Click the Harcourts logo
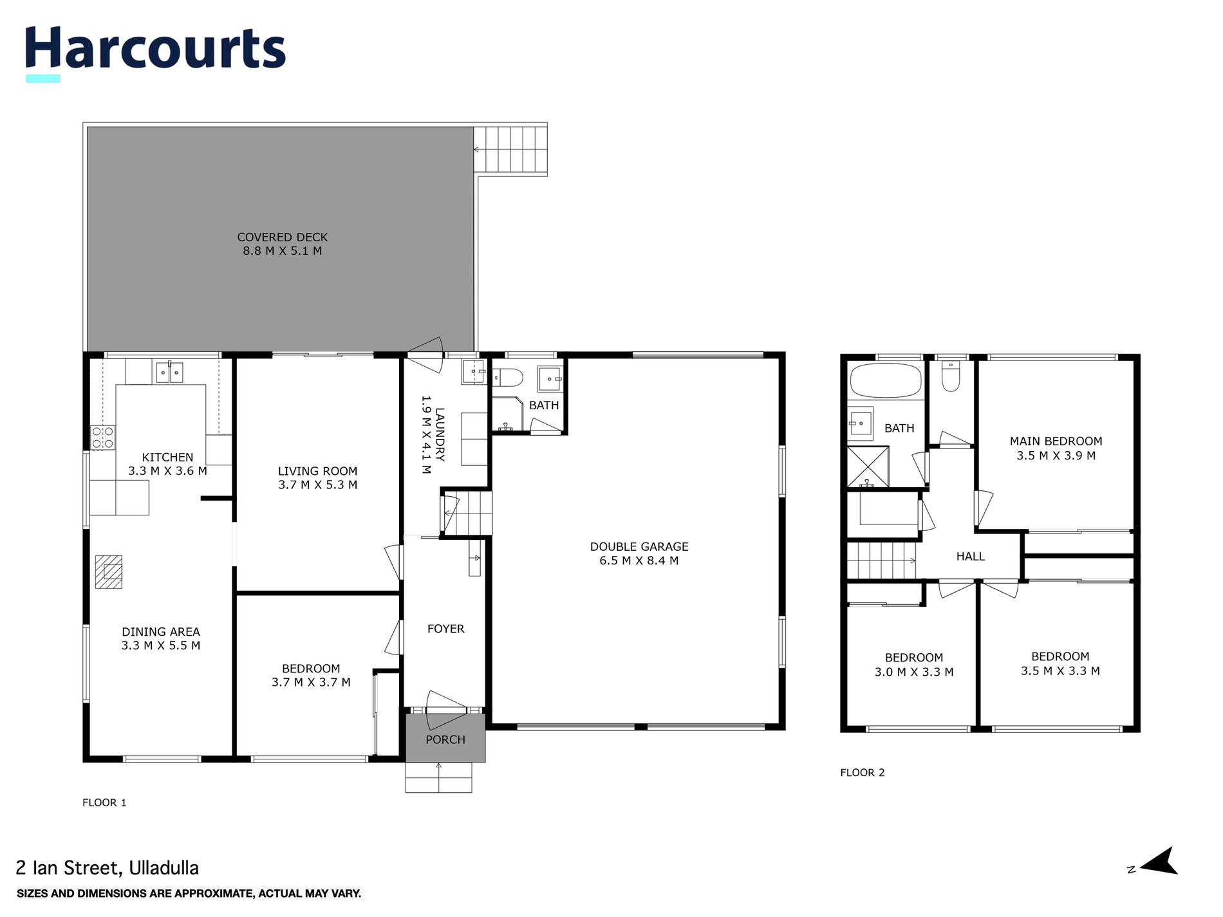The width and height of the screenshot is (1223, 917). click(154, 50)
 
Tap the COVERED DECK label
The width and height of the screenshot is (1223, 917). click(282, 237)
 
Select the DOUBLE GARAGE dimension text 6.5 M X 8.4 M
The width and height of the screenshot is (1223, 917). click(639, 560)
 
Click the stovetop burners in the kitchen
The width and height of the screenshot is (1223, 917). click(102, 438)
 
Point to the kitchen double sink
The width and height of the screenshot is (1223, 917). click(169, 372)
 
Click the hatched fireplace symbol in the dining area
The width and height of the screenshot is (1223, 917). click(108, 571)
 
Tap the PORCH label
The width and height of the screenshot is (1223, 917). click(445, 739)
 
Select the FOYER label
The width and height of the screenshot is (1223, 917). click(445, 629)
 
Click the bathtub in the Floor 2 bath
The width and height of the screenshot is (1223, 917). click(885, 381)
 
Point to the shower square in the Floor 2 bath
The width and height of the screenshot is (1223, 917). click(867, 467)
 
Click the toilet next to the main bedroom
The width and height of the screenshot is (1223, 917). click(951, 376)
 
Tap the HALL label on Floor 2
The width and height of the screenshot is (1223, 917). click(970, 557)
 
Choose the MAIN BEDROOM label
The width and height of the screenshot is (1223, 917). click(1056, 441)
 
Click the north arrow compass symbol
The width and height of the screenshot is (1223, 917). click(1159, 861)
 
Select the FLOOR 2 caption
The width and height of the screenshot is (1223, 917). click(862, 772)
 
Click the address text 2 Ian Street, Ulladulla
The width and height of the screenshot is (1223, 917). click(107, 868)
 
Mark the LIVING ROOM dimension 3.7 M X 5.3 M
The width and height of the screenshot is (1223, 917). click(317, 485)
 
